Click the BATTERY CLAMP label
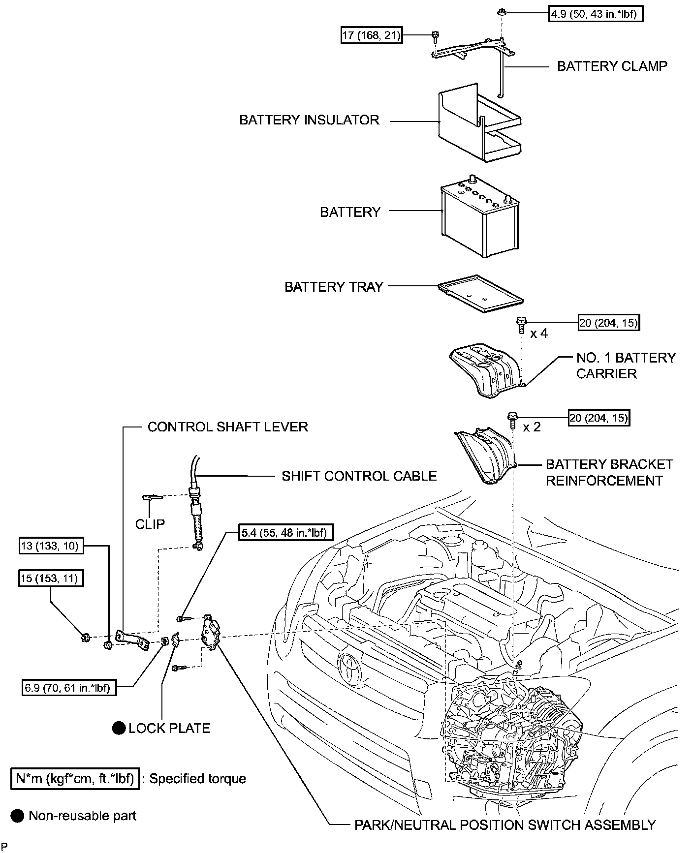tap(612, 66)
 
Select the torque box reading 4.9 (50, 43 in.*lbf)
tap(596, 14)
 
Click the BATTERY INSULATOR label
tap(309, 120)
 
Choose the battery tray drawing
tap(480, 294)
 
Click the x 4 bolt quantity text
tap(538, 334)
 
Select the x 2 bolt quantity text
tap(532, 427)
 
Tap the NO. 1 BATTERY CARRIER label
tap(626, 366)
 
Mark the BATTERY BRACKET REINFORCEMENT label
tap(609, 472)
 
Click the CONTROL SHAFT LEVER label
tap(227, 426)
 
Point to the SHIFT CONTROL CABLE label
tap(359, 476)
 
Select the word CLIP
tap(150, 524)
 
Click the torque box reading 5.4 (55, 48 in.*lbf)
tap(285, 533)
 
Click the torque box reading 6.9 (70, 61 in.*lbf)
tap(69, 687)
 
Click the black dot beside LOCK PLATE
tap(119, 728)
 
